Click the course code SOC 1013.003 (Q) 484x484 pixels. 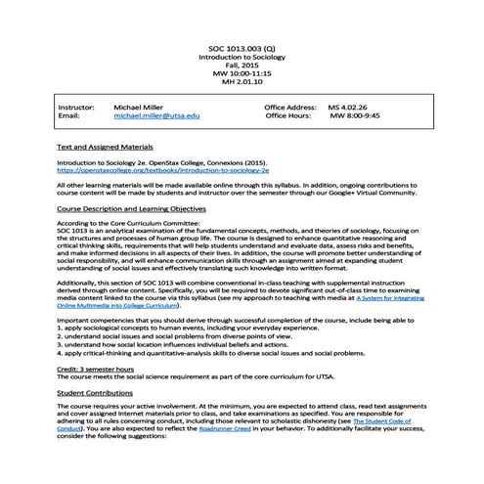point(242,47)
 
